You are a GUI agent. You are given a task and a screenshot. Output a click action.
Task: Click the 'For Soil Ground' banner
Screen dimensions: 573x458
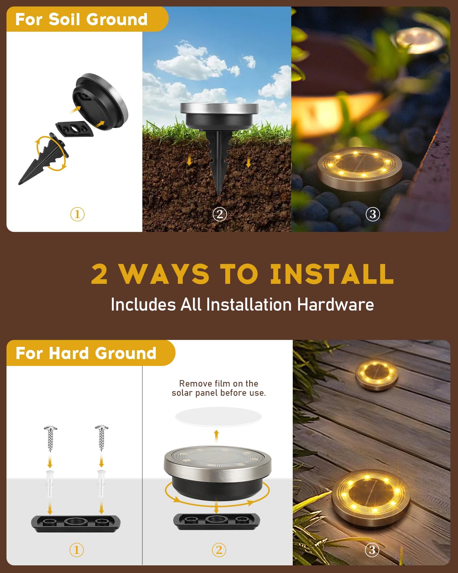[x=82, y=19]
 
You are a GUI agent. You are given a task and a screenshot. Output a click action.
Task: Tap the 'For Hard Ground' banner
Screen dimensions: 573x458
[x=86, y=353]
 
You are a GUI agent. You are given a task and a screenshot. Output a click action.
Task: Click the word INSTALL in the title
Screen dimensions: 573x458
[x=331, y=274]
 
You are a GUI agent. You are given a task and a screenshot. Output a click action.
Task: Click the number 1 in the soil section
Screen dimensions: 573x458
[x=77, y=214]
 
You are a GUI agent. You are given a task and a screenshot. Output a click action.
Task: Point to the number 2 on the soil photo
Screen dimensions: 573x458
[x=219, y=214]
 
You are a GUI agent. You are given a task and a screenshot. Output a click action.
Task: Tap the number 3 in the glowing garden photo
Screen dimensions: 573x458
[x=373, y=214]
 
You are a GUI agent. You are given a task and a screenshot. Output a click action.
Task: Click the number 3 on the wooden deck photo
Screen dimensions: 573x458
[x=372, y=550]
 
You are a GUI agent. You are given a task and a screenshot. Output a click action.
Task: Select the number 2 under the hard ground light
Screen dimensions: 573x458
[x=219, y=550]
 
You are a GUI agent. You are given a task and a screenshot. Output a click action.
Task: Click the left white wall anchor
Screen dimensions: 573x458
[x=50, y=483]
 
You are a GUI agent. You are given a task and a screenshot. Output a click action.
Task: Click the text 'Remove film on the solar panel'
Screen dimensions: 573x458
[x=219, y=388]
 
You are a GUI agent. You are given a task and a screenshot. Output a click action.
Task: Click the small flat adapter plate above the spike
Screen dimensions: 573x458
[x=75, y=129]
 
